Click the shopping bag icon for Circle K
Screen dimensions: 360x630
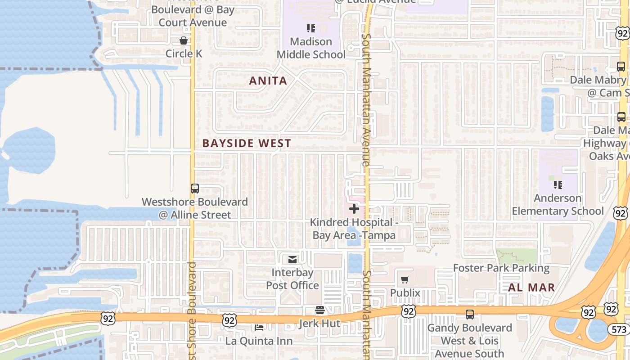pos(184,41)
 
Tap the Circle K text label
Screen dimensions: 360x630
pos(184,54)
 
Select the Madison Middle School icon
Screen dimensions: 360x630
pos(310,29)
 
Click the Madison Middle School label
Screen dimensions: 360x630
pos(310,48)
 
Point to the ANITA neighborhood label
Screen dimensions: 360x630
pos(268,81)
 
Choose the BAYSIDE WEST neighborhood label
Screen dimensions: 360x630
pos(247,144)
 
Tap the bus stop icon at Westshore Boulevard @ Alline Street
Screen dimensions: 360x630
pos(194,189)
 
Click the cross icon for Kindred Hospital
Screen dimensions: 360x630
pos(354,209)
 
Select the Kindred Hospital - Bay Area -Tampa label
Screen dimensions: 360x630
pos(354,229)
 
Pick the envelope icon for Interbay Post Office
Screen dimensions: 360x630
pos(292,259)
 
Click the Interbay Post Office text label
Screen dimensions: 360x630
pos(292,279)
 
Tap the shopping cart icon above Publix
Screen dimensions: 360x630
pos(405,280)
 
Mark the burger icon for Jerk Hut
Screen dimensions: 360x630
pos(320,310)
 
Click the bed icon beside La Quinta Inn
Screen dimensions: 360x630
pos(259,327)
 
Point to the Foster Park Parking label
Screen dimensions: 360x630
pos(501,268)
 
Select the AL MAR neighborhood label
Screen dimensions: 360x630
pos(531,288)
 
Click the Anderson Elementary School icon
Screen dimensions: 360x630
pos(558,185)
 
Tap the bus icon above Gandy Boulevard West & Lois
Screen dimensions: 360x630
pos(470,315)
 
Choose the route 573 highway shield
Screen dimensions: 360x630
pos(619,329)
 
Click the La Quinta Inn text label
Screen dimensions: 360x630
pos(259,341)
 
